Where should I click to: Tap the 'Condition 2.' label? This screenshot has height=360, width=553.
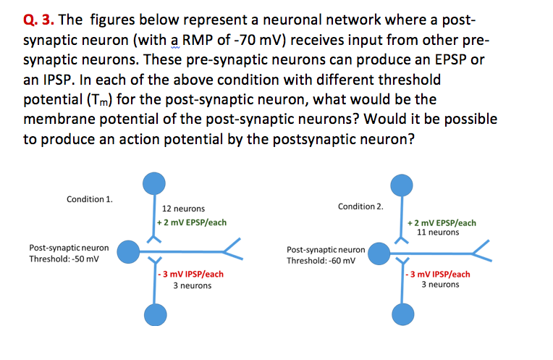(x=360, y=206)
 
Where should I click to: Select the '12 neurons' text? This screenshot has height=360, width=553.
(x=183, y=209)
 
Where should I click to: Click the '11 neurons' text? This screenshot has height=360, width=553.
(x=438, y=233)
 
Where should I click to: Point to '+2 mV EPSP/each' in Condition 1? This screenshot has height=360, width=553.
(x=192, y=222)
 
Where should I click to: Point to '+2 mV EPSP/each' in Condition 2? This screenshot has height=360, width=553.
(x=442, y=222)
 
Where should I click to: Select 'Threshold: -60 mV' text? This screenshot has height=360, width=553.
(x=321, y=261)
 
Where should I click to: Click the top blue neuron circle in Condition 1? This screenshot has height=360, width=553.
(x=153, y=183)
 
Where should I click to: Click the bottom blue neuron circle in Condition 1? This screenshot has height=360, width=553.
(x=153, y=314)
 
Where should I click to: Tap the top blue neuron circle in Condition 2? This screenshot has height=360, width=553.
(x=402, y=185)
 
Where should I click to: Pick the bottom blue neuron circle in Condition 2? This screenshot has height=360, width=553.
(x=402, y=315)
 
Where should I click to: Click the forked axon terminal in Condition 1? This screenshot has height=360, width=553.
(x=233, y=251)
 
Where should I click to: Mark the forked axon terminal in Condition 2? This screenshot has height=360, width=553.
(x=482, y=251)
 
